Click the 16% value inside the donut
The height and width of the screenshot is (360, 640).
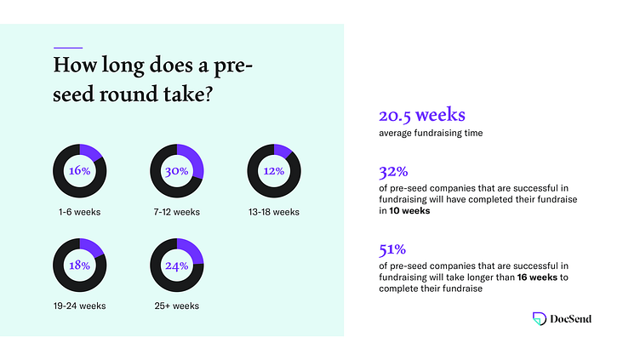[x=79, y=171]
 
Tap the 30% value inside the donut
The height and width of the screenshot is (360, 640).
[x=176, y=171]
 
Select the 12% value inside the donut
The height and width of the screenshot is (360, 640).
[x=273, y=171]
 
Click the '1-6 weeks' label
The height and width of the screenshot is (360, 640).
[x=79, y=212]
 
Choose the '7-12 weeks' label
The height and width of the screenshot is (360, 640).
[x=176, y=212]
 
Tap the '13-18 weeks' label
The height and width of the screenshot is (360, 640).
[x=273, y=212]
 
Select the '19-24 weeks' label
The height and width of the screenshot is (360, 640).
[x=79, y=305]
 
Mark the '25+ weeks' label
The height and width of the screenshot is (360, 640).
[x=176, y=305]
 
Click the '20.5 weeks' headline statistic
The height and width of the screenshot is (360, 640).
[x=420, y=116]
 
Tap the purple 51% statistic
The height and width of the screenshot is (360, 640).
[x=391, y=251]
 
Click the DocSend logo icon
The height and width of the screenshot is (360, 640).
[x=539, y=318]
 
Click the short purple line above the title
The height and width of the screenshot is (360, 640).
[x=67, y=46]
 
